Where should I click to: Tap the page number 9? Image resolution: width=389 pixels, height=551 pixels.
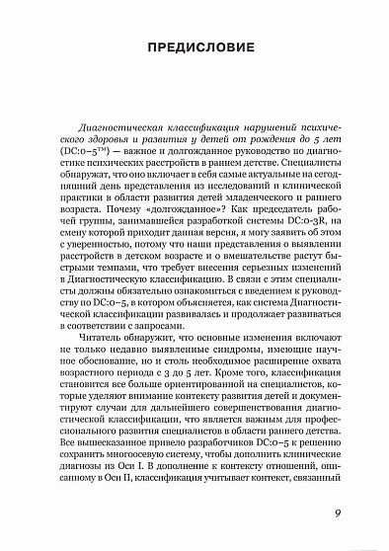tap(337, 511)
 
